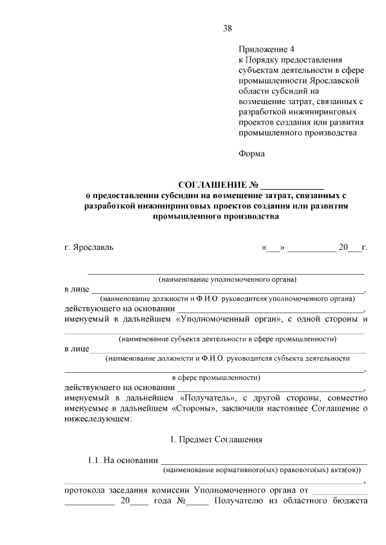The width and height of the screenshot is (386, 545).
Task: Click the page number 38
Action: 227,28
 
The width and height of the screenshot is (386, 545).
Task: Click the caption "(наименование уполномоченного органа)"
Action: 227,279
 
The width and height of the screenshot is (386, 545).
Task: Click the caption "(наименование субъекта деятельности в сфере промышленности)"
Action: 227,339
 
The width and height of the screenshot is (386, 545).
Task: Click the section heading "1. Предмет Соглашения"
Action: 216,440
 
